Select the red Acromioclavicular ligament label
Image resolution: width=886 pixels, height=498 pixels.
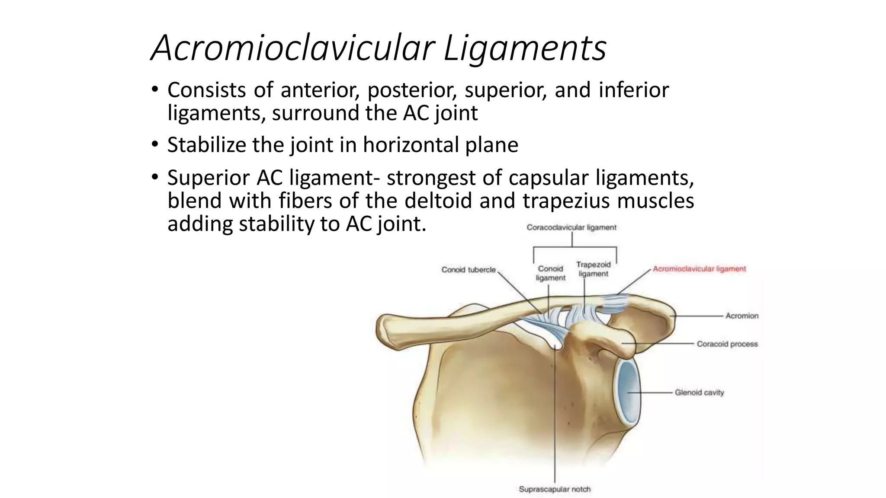[699, 269]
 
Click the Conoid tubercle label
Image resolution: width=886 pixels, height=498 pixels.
[469, 270]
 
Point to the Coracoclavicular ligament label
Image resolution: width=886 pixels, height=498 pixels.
[571, 227]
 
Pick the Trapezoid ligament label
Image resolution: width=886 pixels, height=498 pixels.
[593, 269]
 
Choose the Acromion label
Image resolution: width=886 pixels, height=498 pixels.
[742, 316]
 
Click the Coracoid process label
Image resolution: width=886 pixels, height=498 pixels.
[727, 344]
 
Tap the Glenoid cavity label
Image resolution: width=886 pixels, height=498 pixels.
[699, 393]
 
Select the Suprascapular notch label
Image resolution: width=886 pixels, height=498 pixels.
[555, 489]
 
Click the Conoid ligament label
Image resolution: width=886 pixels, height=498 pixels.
[550, 273]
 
